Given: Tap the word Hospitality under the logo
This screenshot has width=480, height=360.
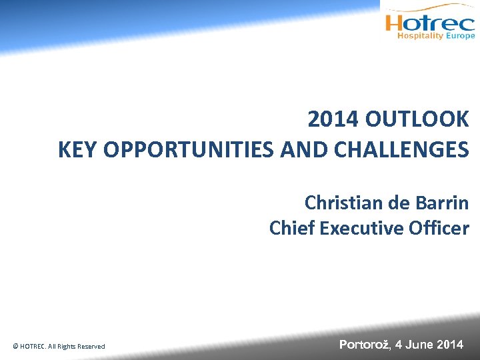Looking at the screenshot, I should tap(420, 36).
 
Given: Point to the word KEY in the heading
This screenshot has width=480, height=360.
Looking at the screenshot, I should tap(75, 149).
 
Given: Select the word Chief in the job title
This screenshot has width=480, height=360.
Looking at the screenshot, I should tap(292, 228).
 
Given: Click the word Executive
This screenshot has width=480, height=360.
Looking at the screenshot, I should tap(361, 228).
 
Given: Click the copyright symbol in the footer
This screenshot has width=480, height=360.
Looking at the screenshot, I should tap(15, 346).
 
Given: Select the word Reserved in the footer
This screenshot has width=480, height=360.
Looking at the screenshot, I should tap(91, 346).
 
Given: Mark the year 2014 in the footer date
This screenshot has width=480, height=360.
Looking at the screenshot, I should tap(451, 345).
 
